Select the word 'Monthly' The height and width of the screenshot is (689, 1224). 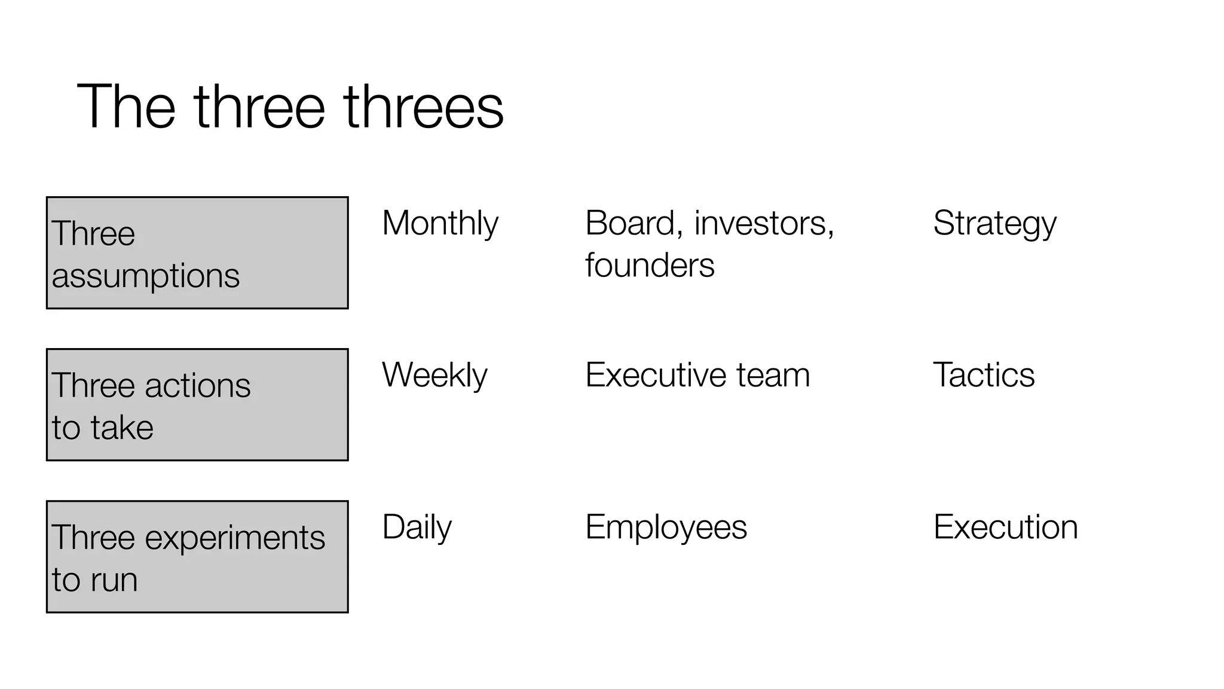click(440, 224)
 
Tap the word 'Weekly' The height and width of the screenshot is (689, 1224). click(434, 376)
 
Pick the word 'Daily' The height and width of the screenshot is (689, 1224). click(417, 528)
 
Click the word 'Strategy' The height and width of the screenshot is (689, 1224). click(994, 224)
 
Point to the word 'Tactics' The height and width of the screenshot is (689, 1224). click(984, 376)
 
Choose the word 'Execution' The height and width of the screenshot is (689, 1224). click(1005, 528)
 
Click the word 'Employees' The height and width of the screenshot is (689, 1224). click(666, 528)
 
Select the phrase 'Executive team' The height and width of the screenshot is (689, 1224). click(697, 376)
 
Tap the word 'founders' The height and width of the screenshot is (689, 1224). click(650, 265)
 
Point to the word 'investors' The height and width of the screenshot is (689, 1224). click(763, 224)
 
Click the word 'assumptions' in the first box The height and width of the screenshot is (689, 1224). click(145, 276)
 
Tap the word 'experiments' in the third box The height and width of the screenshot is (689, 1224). click(235, 538)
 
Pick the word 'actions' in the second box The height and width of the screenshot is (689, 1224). click(197, 386)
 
